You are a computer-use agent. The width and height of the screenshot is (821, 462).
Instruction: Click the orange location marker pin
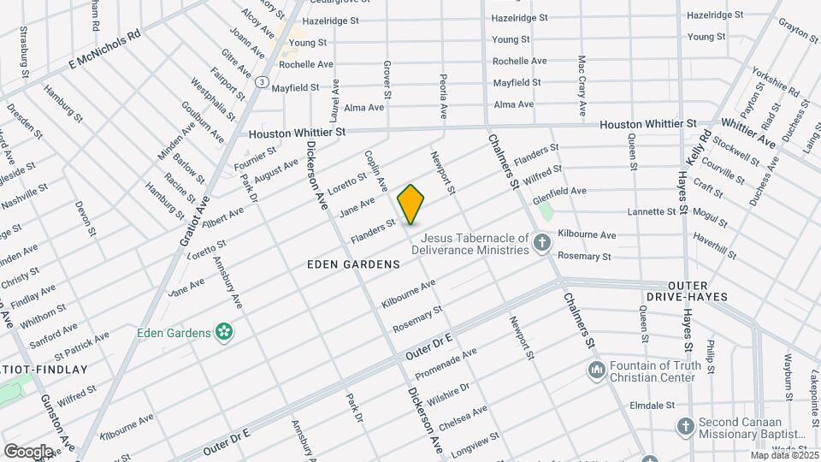point(410,204)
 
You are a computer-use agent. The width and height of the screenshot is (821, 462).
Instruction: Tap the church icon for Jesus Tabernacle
point(541,244)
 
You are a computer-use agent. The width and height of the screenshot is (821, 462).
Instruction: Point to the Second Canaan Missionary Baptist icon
point(685,426)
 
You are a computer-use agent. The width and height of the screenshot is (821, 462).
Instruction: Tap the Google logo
point(28,451)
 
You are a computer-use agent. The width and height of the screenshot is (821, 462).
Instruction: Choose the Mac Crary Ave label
point(582,86)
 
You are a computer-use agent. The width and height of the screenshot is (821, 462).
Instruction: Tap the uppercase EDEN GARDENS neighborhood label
point(353,265)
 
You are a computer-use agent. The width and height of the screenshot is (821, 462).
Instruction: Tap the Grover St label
point(387,78)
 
